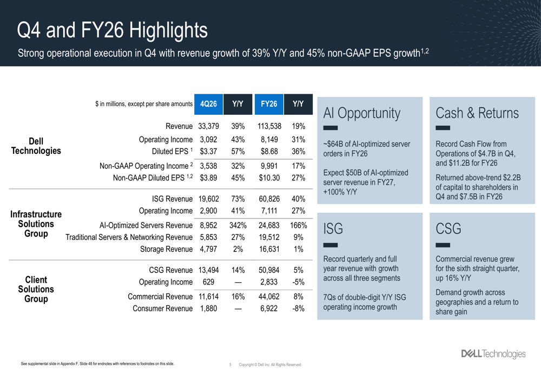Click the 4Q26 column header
click(x=208, y=103)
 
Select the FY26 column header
click(x=269, y=103)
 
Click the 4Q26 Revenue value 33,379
click(x=208, y=127)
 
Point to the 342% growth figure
click(x=238, y=225)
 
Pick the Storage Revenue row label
click(x=166, y=249)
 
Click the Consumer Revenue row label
click(x=162, y=308)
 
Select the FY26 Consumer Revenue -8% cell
click(x=298, y=308)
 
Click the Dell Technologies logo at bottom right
click(x=492, y=354)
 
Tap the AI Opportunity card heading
click(x=362, y=113)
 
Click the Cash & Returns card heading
click(x=477, y=113)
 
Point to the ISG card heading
click(x=333, y=229)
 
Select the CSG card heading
click(x=448, y=229)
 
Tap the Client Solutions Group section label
click(x=36, y=289)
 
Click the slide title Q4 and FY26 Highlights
click(x=112, y=30)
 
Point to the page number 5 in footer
click(x=230, y=365)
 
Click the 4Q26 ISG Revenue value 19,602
click(x=208, y=199)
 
